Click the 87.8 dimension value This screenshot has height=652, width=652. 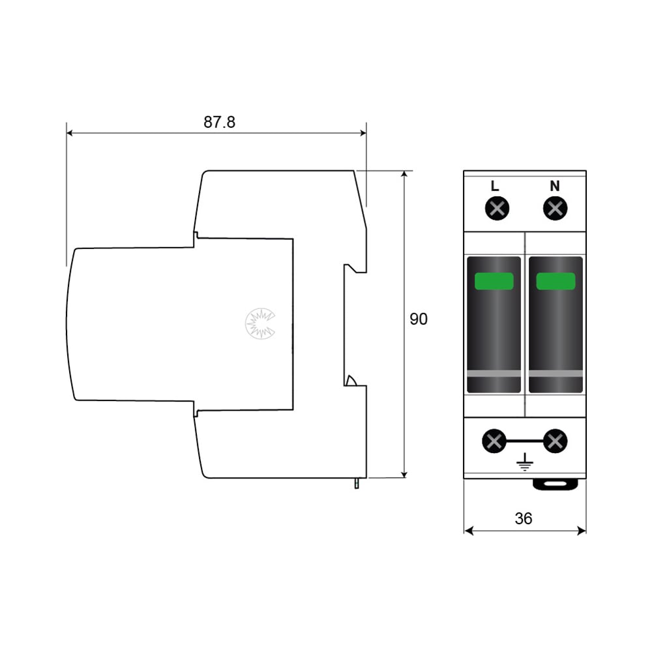click(219, 122)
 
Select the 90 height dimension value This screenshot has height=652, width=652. click(419, 319)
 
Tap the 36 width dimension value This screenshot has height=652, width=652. click(523, 518)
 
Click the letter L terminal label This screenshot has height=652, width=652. click(495, 186)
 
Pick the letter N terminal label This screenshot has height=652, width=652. click(555, 186)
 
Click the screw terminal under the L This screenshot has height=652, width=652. click(497, 209)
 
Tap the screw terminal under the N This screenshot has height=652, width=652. click(555, 209)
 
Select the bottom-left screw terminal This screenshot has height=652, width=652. click(494, 441)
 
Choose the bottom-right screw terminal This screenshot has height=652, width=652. click(555, 441)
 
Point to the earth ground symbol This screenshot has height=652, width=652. click(525, 462)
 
